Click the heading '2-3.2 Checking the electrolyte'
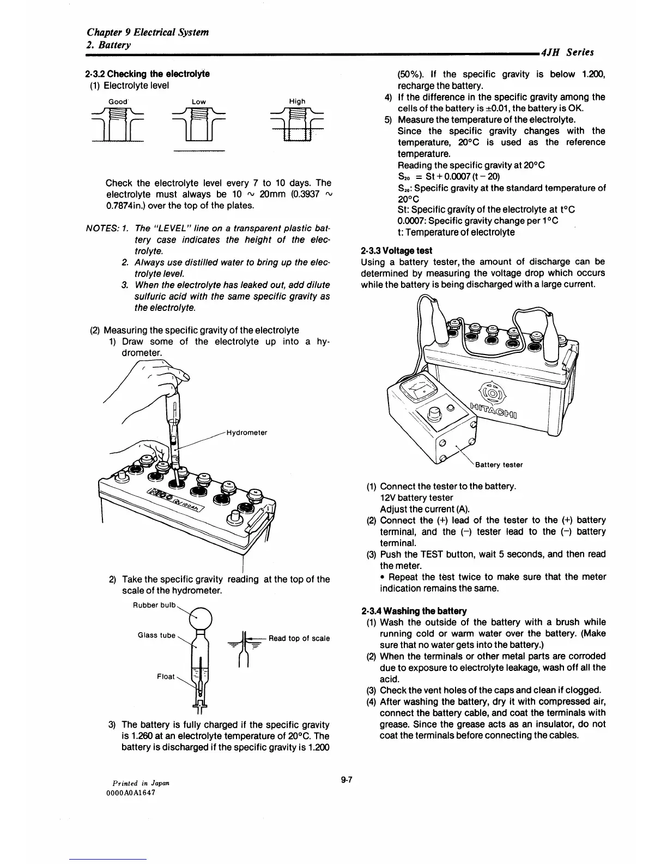pyautogui.click(x=147, y=74)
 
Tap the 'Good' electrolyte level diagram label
pyautogui.click(x=118, y=101)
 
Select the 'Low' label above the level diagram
pyautogui.click(x=198, y=101)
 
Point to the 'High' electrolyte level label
pyautogui.click(x=297, y=101)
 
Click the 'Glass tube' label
pyautogui.click(x=156, y=635)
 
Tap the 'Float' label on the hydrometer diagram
pyautogui.click(x=166, y=676)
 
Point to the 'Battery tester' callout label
pyautogui.click(x=499, y=465)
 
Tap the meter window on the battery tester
pyautogui.click(x=421, y=390)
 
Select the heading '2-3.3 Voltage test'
pyautogui.click(x=396, y=250)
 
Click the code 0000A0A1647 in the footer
pyautogui.click(x=131, y=793)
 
